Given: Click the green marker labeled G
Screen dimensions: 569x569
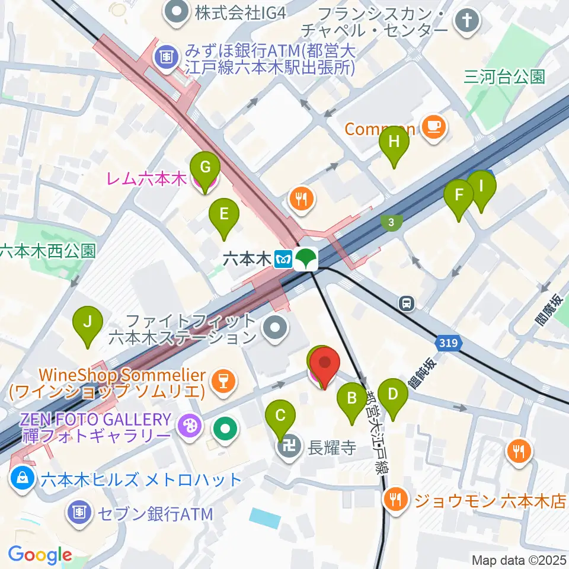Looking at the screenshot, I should pos(205,168).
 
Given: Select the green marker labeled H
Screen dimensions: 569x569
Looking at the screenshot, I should pos(394,143).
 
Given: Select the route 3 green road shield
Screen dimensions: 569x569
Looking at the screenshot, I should pos(391,222).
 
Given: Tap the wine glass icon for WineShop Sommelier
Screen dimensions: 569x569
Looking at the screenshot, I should pos(222,380).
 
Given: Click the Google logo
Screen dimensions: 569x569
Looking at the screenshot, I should pos(40,555).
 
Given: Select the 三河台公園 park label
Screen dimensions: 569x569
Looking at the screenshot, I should pos(504,77).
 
